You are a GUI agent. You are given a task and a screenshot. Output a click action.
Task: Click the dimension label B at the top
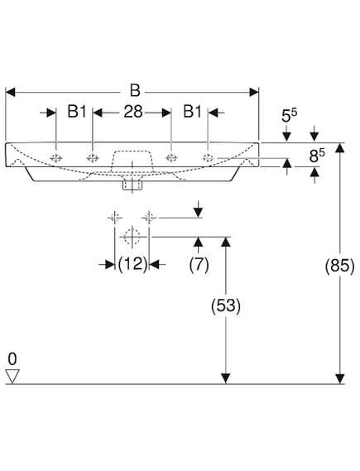tap(135, 91)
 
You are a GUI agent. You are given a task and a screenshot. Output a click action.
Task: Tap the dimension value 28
tap(133, 112)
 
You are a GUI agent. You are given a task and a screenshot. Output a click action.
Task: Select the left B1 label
tap(77, 112)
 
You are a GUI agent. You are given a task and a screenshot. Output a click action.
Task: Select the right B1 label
tap(193, 112)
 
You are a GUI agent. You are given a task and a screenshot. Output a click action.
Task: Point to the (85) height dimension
tap(339, 266)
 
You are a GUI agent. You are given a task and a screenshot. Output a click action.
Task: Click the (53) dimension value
tap(226, 306)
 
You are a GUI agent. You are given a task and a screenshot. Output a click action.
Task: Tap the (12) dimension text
tap(132, 265)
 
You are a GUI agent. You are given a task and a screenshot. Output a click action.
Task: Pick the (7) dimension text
tap(199, 265)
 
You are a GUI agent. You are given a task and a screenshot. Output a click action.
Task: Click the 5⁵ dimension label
tap(289, 115)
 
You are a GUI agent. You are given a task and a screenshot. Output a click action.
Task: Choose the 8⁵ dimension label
tap(317, 156)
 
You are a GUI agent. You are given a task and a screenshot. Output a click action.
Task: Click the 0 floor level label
tap(12, 359)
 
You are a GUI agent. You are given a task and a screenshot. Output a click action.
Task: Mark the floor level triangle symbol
tap(12, 376)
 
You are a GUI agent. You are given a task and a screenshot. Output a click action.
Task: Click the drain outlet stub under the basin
tap(132, 185)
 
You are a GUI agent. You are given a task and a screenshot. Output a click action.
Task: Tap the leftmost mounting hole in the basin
tap(56, 158)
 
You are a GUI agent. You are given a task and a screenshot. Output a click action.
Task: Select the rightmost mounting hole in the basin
tap(208, 157)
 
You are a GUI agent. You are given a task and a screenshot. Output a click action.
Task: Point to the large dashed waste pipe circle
tap(132, 237)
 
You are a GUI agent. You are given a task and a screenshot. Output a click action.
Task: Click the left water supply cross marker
tap(115, 217)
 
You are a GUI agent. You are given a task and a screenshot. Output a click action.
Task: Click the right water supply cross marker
tap(149, 217)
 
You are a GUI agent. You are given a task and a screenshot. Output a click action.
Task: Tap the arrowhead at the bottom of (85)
tap(339, 379)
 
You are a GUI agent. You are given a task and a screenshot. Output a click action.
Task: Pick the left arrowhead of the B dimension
tap(11, 92)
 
